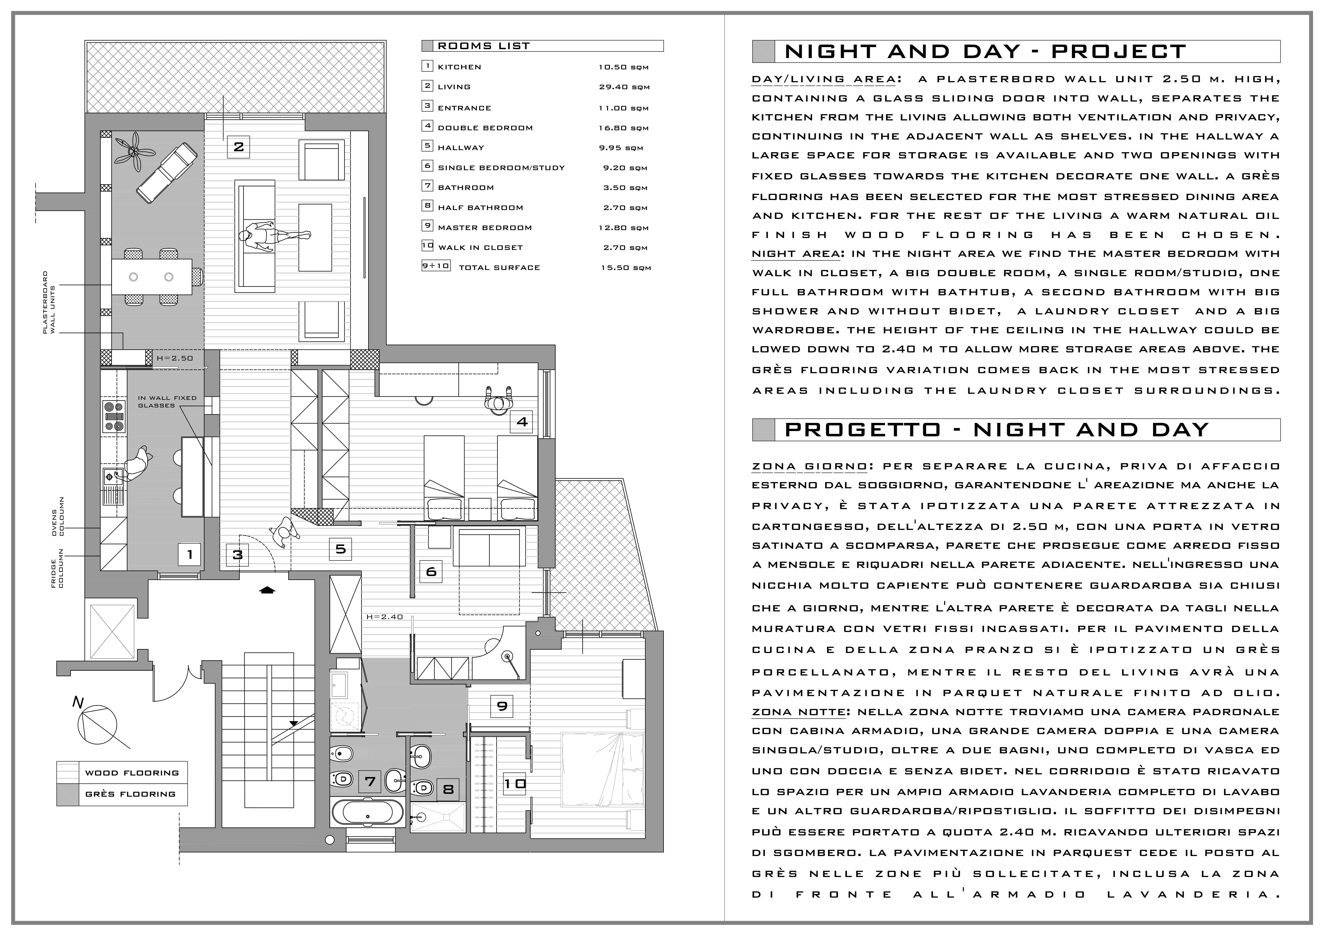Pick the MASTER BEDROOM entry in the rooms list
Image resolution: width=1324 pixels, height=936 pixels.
click(484, 228)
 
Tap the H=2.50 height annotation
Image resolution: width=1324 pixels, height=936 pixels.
click(175, 358)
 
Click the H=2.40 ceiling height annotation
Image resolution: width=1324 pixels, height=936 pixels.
click(384, 617)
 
